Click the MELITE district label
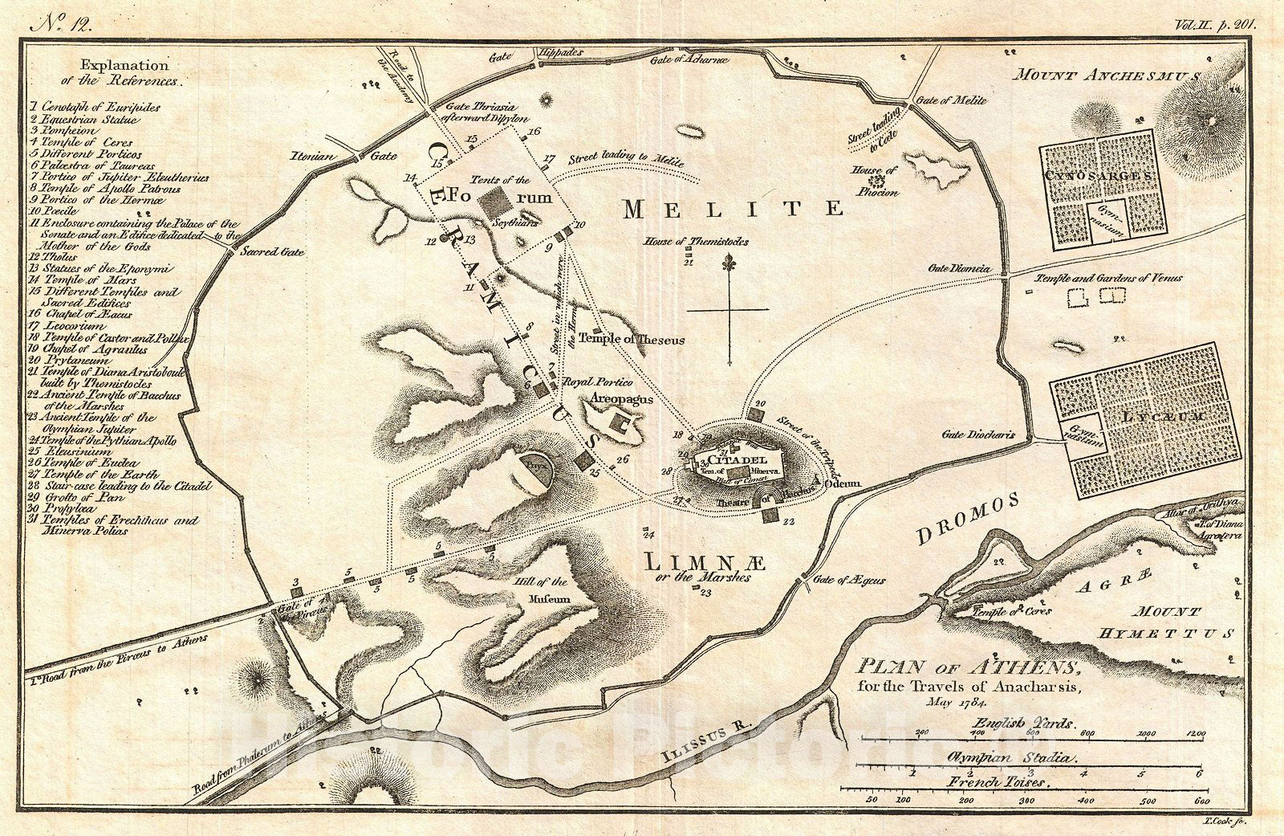733,210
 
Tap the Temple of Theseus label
632,339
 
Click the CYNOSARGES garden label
1099,175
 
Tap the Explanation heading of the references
124,66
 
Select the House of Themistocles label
696,242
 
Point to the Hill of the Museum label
550,590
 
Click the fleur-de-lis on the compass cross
729,263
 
